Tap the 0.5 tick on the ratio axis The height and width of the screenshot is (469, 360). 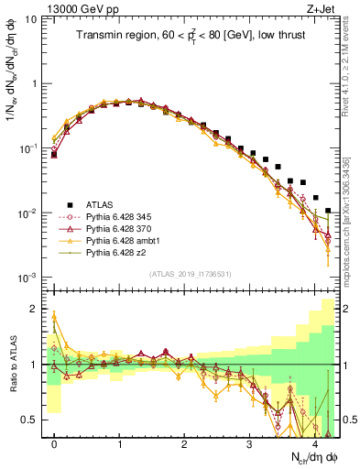[32, 420]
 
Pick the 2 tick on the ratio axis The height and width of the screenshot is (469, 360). [37, 309]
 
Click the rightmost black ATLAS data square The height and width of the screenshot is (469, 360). [328, 211]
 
